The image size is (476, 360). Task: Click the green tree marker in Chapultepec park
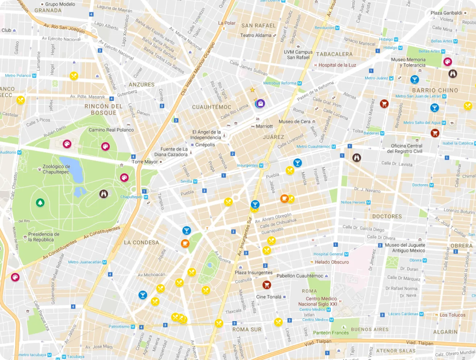(40, 203)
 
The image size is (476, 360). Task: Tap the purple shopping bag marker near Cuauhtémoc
(260, 103)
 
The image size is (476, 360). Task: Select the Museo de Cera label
(295, 122)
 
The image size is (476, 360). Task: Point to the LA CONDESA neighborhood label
(141, 243)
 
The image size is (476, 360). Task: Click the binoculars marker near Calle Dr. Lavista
(357, 157)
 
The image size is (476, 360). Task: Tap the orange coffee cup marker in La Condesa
(185, 243)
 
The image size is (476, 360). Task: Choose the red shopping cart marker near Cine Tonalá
(267, 285)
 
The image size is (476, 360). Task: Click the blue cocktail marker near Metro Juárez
(415, 79)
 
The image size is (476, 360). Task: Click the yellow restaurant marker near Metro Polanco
(74, 76)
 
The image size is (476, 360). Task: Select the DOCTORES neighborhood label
(387, 216)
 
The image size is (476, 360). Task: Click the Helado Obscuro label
(332, 262)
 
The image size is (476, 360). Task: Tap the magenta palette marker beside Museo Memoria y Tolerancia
(447, 61)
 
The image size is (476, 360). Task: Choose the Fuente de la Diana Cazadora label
(171, 152)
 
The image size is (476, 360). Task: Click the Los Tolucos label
(452, 315)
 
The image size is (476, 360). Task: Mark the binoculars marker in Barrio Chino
(453, 74)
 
